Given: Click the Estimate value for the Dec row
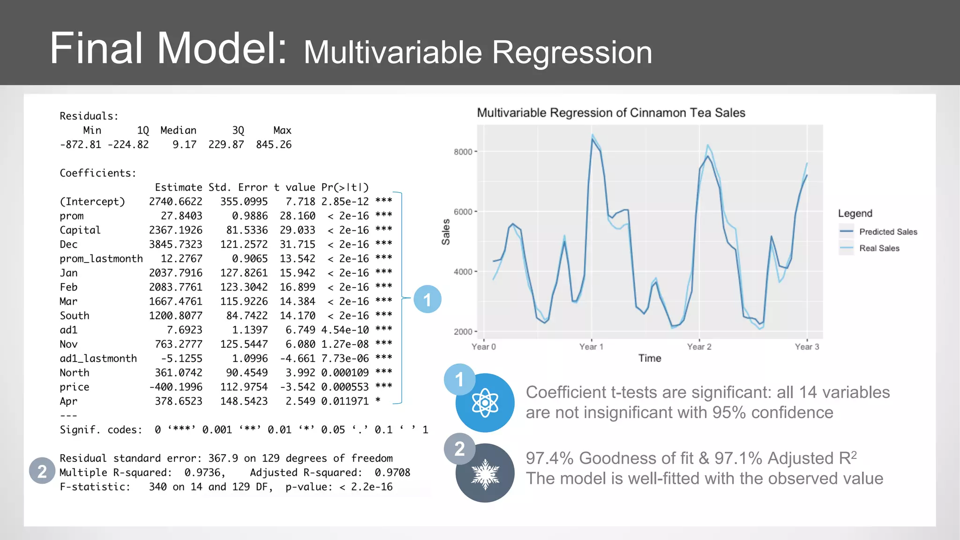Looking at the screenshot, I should point(176,245).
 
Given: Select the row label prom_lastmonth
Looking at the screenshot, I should point(101,259).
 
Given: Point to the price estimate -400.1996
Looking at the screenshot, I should point(176,387).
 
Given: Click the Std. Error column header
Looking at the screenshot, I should point(238,187).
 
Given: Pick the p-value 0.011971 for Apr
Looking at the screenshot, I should point(345,401).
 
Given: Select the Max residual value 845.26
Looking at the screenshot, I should point(274,145).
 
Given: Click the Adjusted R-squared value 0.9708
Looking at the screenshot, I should point(392,472).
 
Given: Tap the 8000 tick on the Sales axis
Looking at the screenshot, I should point(463,152).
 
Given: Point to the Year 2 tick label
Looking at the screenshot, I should point(699,347).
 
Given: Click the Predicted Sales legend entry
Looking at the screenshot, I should point(888,232).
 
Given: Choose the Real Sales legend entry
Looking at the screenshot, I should point(879,248).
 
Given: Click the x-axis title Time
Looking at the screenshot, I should point(650,359).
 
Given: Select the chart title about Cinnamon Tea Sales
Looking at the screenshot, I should point(611,113).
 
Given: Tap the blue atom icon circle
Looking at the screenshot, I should point(485,403).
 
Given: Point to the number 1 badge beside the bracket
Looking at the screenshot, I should point(427,299).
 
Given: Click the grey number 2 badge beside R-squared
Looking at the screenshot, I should point(42,471).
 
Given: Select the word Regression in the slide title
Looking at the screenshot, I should point(572,52).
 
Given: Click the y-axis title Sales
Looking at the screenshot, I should point(446,232).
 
